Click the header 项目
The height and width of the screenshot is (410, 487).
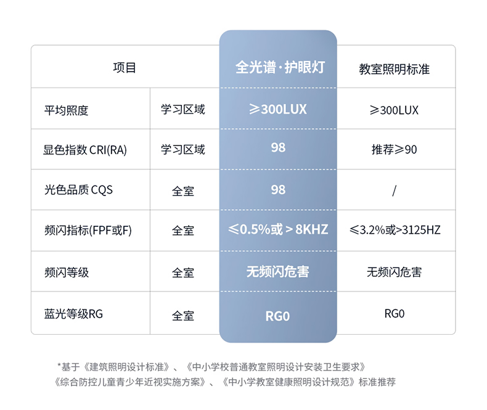(125, 67)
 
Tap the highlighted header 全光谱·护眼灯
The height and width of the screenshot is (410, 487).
(280, 67)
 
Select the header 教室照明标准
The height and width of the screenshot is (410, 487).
(394, 69)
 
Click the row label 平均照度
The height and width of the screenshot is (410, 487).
(66, 110)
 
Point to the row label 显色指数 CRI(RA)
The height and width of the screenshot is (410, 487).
(85, 150)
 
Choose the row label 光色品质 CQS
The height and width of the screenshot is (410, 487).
(78, 190)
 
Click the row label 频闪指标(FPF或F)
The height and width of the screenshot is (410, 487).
(88, 230)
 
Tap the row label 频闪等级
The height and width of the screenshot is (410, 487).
(67, 273)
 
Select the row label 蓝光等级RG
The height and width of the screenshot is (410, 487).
(73, 314)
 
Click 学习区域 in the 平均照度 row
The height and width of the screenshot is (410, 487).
(183, 109)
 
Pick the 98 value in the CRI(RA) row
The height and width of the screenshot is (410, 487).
(278, 147)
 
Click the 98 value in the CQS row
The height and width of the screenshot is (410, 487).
(278, 190)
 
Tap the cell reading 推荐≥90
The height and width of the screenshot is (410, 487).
(394, 149)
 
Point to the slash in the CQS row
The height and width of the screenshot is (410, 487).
(394, 191)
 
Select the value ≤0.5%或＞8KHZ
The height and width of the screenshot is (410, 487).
(278, 229)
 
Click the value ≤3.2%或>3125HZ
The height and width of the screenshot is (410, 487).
(395, 230)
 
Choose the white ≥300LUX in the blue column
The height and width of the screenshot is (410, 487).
(277, 109)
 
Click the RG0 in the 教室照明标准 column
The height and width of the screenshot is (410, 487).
(395, 314)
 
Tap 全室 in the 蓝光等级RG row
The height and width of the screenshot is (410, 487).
(183, 316)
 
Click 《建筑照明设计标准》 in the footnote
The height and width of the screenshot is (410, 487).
(127, 367)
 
